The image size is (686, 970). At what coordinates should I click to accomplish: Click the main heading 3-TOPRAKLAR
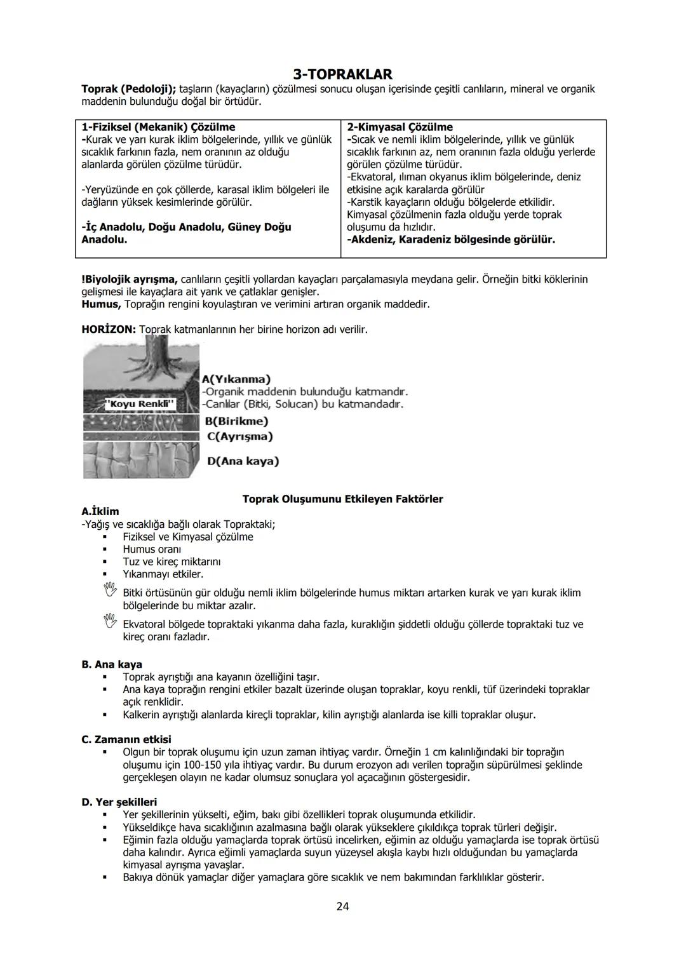(342, 74)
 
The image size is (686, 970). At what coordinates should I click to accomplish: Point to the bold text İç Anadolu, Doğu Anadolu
(186, 227)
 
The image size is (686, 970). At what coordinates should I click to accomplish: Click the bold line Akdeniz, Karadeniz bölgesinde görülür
(451, 239)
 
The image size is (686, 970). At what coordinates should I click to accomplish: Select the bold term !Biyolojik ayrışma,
(130, 280)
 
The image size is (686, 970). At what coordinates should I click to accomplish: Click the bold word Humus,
(101, 304)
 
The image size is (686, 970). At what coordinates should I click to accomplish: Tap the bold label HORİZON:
(109, 330)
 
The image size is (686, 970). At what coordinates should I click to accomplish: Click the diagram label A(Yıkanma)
(236, 379)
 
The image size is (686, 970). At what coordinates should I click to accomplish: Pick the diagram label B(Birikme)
(236, 421)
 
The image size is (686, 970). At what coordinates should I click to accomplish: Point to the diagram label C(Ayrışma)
(240, 436)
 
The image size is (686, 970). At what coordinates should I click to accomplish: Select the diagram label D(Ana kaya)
(243, 461)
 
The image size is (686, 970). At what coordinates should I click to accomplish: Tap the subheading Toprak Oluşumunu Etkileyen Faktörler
(342, 499)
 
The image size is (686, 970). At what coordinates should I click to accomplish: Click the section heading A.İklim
(100, 511)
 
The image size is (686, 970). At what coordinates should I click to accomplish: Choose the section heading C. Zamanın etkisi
(126, 739)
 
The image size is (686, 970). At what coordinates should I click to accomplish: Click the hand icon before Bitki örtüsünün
(111, 590)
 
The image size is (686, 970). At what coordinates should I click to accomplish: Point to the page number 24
(342, 906)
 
